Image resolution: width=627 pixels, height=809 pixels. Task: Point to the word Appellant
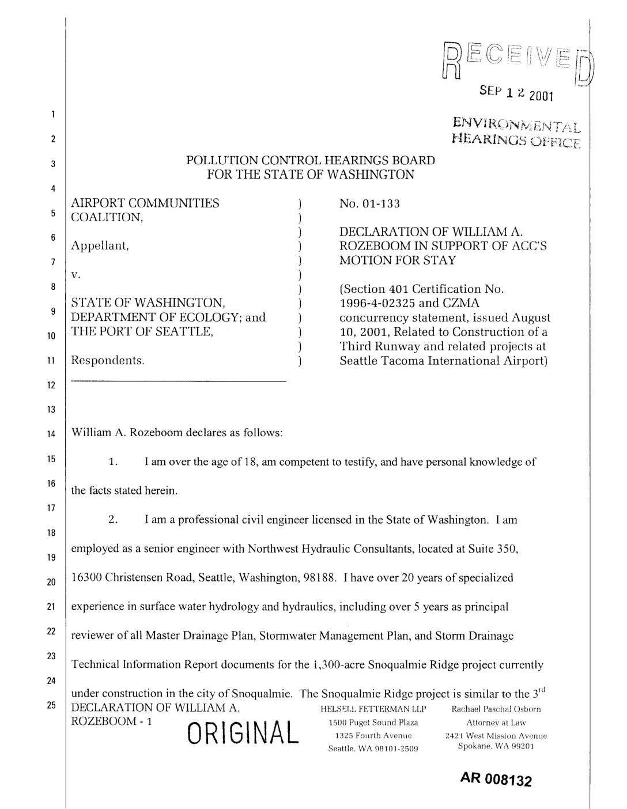[x=99, y=246]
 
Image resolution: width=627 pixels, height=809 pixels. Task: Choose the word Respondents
[x=107, y=361]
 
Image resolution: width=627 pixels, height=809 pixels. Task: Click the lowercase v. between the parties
[x=75, y=275]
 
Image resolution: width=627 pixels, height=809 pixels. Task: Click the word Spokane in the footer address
[x=473, y=746]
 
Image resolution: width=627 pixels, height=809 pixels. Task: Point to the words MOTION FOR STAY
[x=398, y=260]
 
